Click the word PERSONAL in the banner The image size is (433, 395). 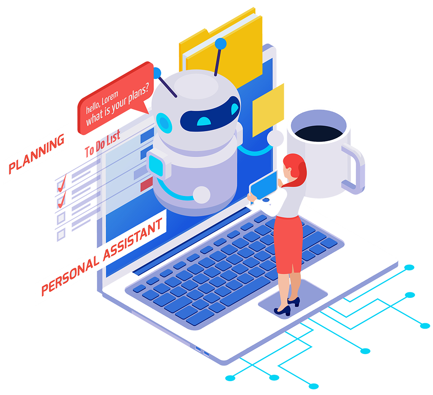pyautogui.click(x=70, y=276)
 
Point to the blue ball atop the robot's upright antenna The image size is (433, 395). pyautogui.click(x=221, y=44)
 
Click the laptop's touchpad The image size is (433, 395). pyautogui.click(x=293, y=299)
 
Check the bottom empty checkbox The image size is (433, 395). pyautogui.click(x=61, y=234)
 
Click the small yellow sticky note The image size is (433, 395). pyautogui.click(x=268, y=110)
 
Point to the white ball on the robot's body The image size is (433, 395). pyautogui.click(x=201, y=195)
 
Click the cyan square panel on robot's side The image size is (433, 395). pyautogui.click(x=156, y=166)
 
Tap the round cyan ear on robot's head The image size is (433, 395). pyautogui.click(x=164, y=123)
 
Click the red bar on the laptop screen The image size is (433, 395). pyautogui.click(x=147, y=184)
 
